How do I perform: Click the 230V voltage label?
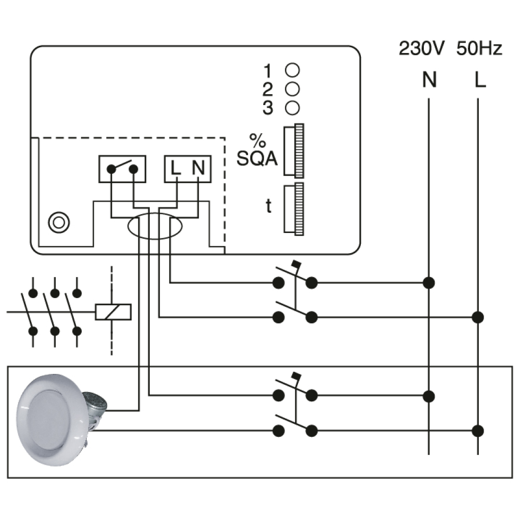point(421,49)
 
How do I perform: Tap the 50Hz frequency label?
point(479,49)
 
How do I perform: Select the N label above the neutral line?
point(429,81)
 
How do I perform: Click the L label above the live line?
point(479,81)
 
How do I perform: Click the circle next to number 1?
point(292,70)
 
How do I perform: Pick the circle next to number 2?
point(292,89)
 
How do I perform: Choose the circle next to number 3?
point(292,108)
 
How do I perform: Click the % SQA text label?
point(257,151)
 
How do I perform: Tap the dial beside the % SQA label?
point(293,151)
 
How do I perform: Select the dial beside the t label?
point(293,207)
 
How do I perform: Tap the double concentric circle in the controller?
point(57,223)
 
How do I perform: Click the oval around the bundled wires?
point(154,227)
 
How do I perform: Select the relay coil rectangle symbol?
point(113,311)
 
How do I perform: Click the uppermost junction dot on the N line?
point(429,283)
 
